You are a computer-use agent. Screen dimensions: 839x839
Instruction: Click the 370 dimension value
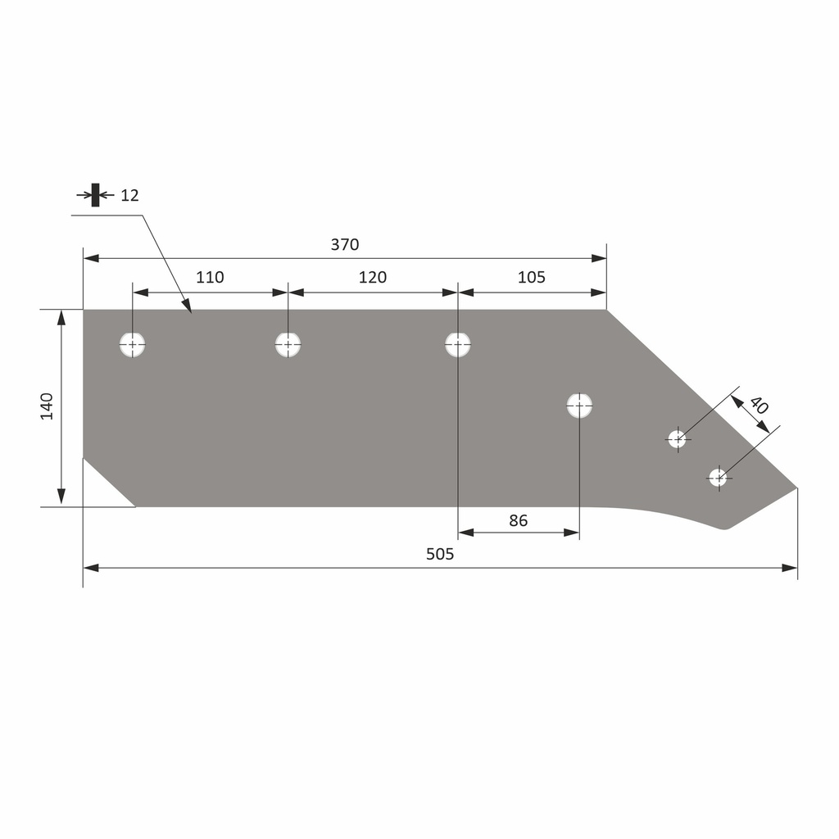point(345,244)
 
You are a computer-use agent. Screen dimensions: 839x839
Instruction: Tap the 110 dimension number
point(210,277)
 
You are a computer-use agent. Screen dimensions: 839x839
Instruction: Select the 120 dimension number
point(373,277)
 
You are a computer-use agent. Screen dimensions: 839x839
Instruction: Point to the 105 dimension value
point(531,277)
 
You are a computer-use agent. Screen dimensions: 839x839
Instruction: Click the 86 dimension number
point(518,520)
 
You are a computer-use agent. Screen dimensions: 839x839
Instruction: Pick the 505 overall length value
point(440,554)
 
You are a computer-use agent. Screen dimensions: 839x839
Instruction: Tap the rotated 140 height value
point(47,406)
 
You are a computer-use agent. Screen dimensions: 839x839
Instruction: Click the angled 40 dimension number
point(758,406)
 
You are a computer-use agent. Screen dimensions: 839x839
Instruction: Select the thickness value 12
point(129,195)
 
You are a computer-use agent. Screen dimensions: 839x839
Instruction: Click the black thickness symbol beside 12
point(96,195)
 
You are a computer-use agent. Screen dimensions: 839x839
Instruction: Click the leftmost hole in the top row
point(133,345)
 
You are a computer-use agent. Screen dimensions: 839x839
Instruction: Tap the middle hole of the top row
point(288,345)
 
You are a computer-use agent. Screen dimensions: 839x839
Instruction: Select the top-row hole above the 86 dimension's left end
point(458,345)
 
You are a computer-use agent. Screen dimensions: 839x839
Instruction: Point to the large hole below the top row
point(579,405)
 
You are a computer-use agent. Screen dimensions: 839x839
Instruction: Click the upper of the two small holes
point(676,439)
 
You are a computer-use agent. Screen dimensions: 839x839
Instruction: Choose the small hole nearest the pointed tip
point(718,477)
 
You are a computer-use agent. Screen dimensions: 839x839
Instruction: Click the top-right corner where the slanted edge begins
point(606,310)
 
